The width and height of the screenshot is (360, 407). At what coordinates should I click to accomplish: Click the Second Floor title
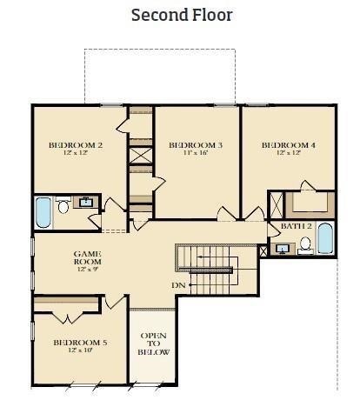pos(182,15)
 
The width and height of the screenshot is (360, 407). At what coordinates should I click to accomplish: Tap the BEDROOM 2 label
pos(76,145)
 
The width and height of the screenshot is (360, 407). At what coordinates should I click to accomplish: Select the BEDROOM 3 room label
pos(196,145)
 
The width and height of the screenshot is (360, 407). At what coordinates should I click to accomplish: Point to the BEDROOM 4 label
pos(288,145)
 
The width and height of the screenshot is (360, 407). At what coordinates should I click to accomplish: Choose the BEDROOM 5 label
pos(80,343)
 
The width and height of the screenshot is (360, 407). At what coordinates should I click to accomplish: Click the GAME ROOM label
pos(87,257)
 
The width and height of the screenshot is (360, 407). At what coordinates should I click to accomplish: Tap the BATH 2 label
pos(297,226)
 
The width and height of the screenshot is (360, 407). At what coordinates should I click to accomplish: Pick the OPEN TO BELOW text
pos(154,344)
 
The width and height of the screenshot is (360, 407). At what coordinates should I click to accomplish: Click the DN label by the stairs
pos(177,285)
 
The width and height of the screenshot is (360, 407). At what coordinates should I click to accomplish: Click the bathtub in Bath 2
pos(325,238)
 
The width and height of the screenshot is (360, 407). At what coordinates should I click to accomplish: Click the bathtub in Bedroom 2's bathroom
pos(43,212)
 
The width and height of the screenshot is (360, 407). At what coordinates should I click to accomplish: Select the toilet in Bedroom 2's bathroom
pos(63,206)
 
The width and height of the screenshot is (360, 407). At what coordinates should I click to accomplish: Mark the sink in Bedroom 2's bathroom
pos(86,203)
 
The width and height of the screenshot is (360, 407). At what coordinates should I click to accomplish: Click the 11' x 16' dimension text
pos(196,154)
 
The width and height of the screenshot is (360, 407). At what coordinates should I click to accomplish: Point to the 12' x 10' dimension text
pos(80,351)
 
